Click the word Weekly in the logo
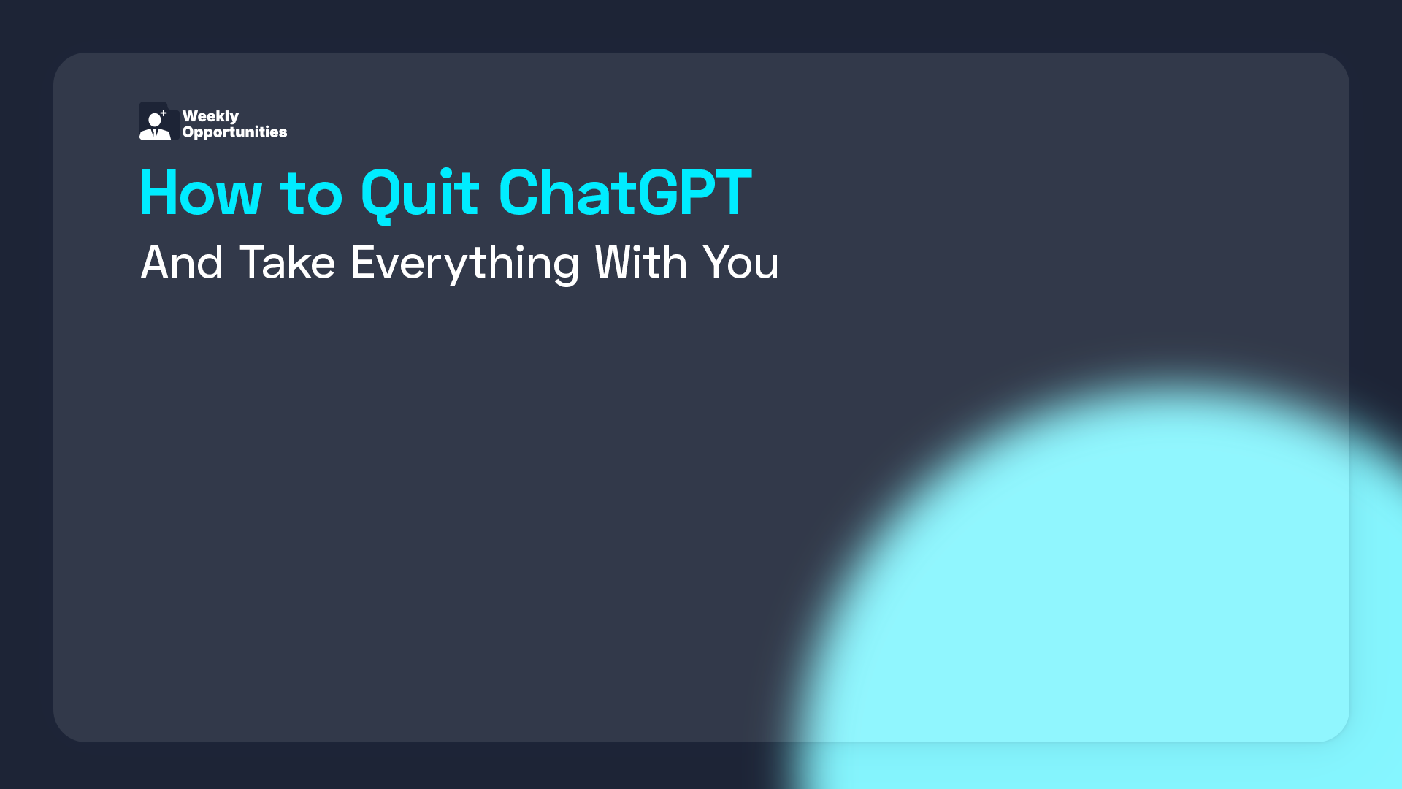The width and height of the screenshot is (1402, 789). coord(210,116)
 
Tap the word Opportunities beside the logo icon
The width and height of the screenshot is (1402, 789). coord(234,132)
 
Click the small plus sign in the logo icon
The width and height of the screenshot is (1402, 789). coord(164,113)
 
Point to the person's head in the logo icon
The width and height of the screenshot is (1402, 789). coord(155,120)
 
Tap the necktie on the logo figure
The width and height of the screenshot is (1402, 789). coord(155,133)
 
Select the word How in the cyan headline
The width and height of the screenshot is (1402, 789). coord(200,193)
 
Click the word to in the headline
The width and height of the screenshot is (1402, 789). coord(311,193)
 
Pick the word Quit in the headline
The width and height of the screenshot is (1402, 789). coord(420,193)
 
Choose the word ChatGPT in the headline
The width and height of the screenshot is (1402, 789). coord(625,193)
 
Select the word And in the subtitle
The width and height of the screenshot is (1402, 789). coord(182,262)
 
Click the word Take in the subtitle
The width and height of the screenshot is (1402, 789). coord(287,262)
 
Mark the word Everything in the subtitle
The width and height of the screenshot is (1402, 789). coord(465,262)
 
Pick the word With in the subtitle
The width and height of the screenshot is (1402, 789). coord(641,262)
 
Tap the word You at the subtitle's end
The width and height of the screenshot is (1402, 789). coord(740,262)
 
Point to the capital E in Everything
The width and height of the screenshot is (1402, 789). coord(363,262)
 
